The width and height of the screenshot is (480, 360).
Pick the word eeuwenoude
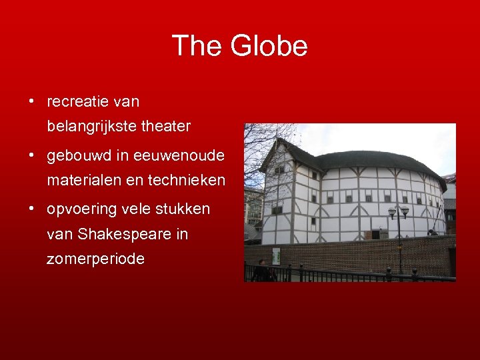(179, 156)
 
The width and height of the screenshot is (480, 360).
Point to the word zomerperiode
(95, 259)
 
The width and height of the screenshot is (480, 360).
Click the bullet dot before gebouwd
(31, 156)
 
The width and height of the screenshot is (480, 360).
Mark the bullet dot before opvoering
(31, 209)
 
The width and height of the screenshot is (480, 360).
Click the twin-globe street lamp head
(399, 213)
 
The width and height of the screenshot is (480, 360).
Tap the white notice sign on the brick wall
(276, 255)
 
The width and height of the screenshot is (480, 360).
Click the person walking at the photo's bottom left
(261, 270)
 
